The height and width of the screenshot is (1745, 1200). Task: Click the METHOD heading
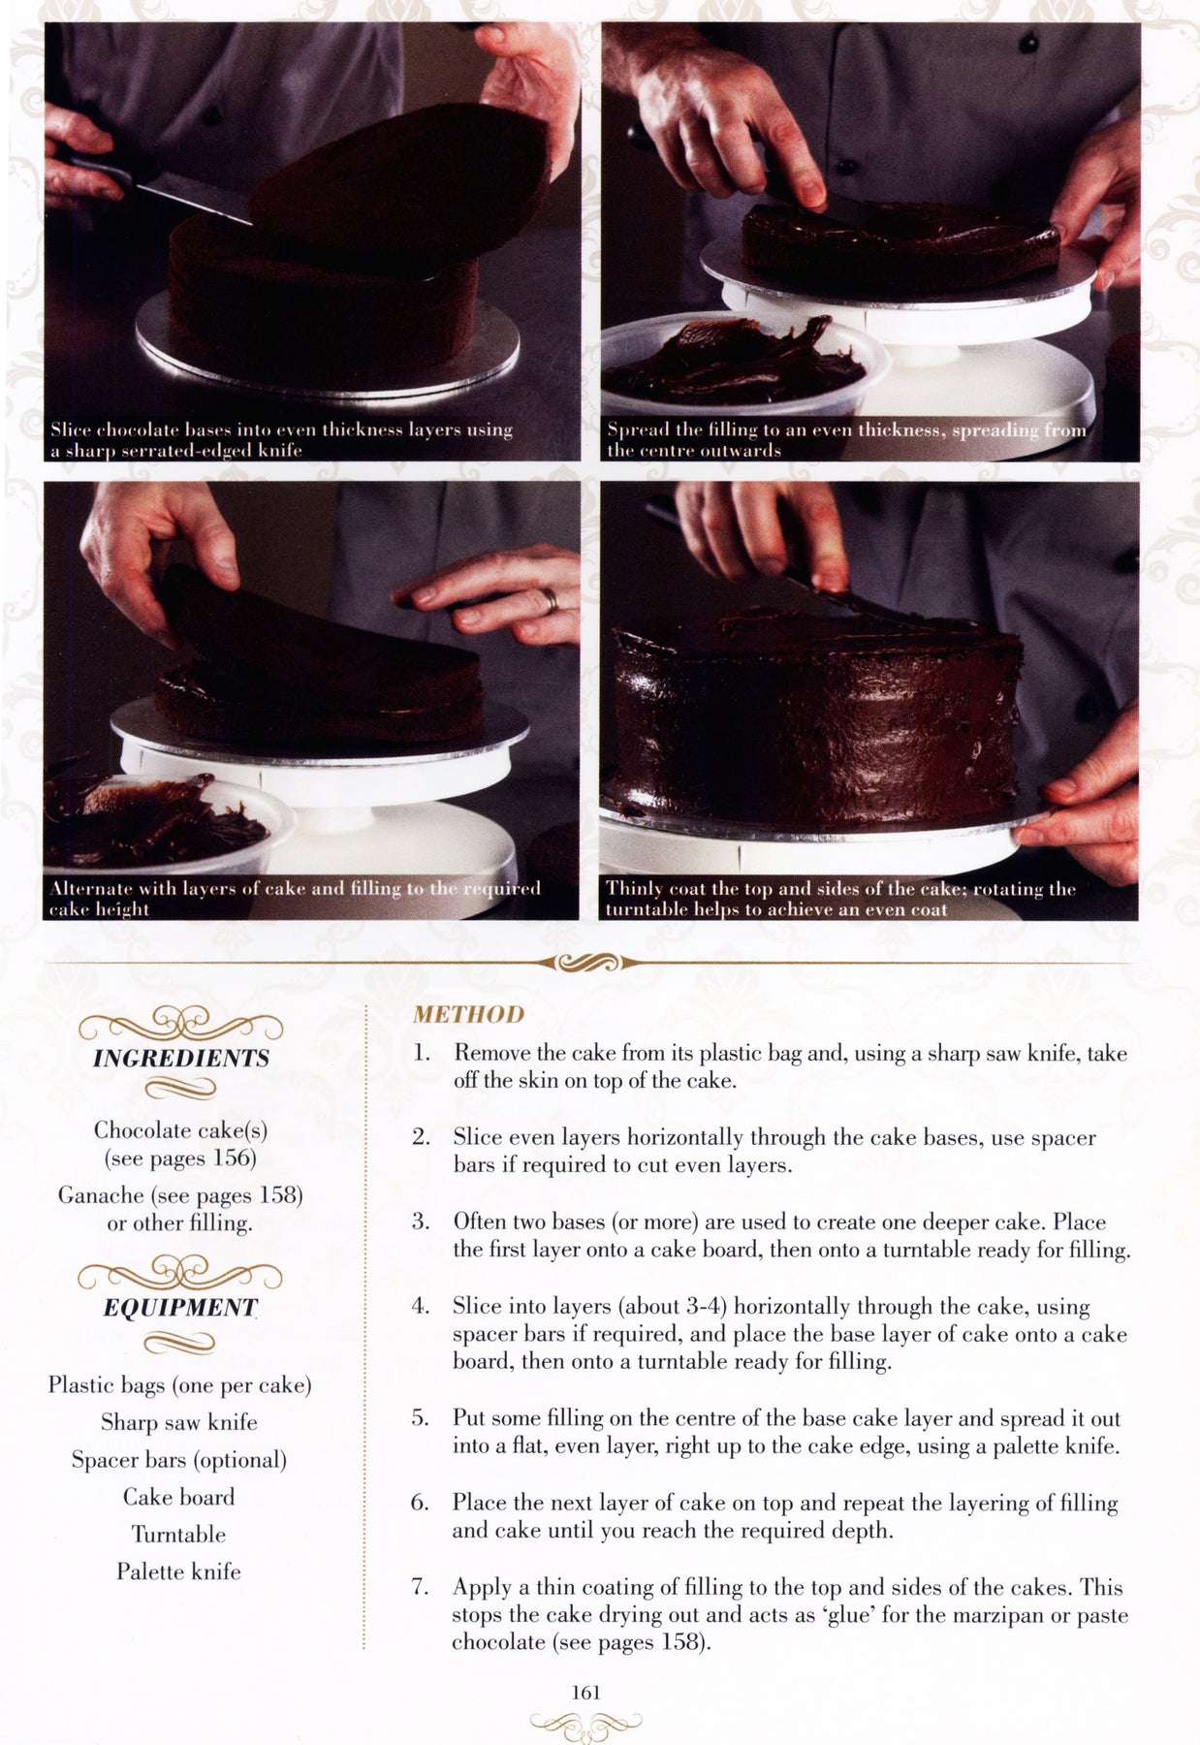[468, 1014]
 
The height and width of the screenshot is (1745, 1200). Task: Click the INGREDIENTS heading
[181, 1058]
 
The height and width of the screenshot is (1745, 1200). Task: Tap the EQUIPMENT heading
[179, 1308]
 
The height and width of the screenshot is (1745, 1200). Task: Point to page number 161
[586, 1692]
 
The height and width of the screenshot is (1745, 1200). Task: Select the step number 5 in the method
[420, 1419]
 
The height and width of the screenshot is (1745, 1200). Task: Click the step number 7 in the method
[420, 1588]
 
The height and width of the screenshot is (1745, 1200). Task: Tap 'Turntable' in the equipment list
[178, 1535]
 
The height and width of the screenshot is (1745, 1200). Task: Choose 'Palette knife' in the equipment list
[178, 1571]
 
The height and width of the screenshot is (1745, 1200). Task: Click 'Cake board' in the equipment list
[178, 1497]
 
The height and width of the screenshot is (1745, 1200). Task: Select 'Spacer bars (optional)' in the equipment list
[179, 1460]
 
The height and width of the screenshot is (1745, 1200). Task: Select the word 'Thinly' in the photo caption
[635, 888]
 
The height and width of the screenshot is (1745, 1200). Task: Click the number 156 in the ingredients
[236, 1158]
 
